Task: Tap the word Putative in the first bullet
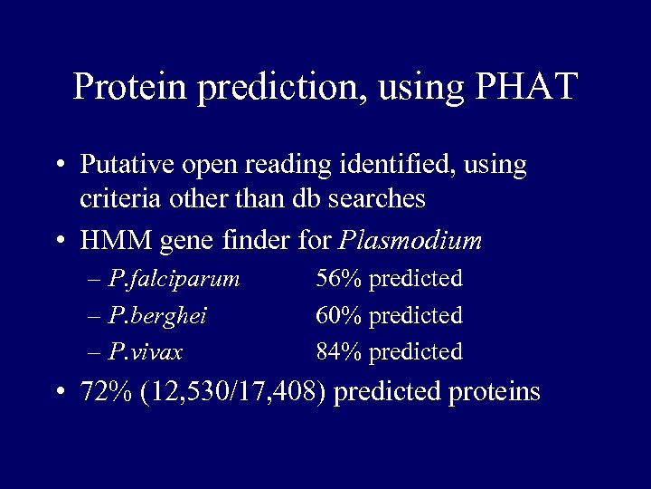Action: [122, 166]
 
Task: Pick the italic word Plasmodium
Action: [410, 242]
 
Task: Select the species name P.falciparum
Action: [173, 279]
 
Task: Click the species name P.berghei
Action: [156, 315]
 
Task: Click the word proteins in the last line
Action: [491, 392]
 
